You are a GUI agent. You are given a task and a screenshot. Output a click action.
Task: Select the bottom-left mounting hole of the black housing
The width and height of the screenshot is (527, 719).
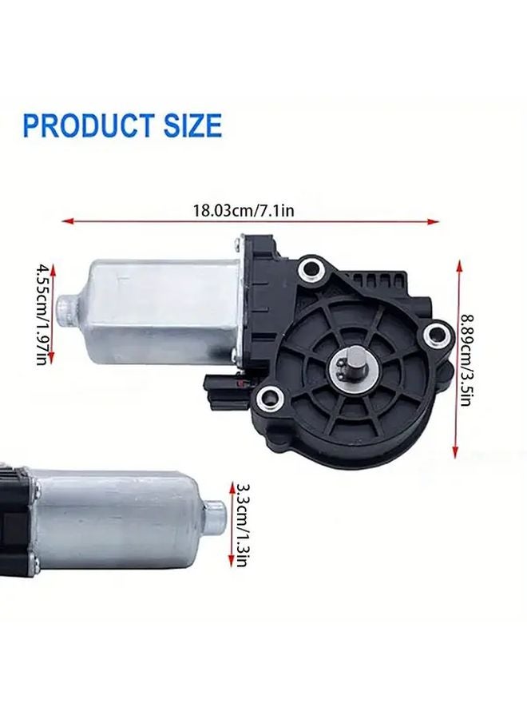coord(271,393)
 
